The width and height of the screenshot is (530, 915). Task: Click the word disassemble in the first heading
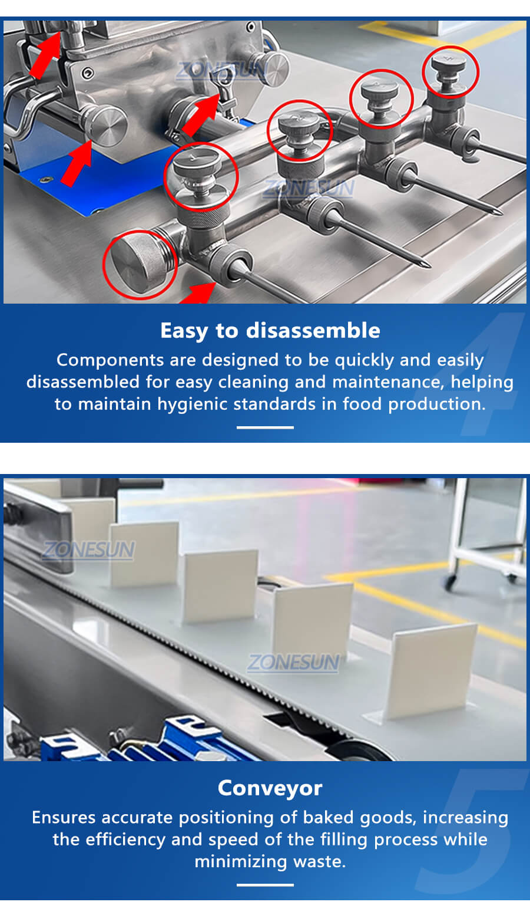click(313, 330)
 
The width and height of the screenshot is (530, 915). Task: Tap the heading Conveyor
click(270, 788)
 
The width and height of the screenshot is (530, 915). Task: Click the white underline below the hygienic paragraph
click(265, 427)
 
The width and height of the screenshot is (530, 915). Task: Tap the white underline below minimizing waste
click(265, 885)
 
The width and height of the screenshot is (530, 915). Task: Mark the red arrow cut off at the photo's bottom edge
click(198, 294)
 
